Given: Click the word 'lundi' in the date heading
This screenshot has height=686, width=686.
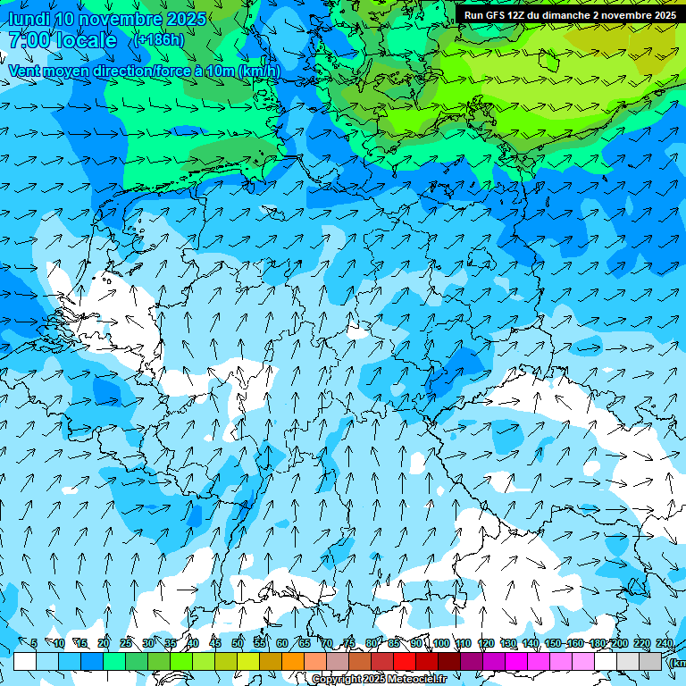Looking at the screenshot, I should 29,19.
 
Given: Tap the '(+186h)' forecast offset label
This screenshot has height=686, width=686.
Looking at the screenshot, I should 158,40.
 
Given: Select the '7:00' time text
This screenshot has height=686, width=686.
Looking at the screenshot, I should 27,40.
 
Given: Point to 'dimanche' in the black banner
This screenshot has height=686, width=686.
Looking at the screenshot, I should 560,15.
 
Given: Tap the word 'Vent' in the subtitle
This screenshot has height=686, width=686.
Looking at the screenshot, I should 24,71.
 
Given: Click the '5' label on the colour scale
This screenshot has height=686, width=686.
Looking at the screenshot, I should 33,643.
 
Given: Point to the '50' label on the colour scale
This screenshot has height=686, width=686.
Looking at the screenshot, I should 238,643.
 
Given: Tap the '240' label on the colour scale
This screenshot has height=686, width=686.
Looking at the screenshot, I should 664,643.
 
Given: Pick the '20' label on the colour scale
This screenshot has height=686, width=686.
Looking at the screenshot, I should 104,643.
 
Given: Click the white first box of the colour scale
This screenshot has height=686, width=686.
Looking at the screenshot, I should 25,661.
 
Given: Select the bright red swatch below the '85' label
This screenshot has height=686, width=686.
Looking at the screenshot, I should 405,661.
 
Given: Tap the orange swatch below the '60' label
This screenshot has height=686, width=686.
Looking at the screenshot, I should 293,661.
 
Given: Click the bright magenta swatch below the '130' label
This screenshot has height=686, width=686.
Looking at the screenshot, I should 516,661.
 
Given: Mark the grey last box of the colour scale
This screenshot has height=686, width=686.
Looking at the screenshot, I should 650,661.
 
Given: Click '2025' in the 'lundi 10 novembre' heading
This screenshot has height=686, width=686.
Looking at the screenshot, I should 187,19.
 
